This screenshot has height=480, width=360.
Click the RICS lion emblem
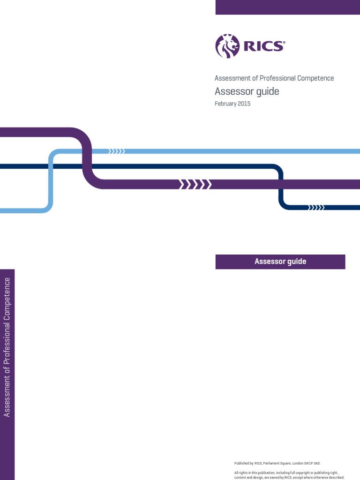click(x=227, y=46)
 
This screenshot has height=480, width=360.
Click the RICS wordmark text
click(x=263, y=46)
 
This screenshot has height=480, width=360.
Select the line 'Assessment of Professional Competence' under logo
click(x=274, y=78)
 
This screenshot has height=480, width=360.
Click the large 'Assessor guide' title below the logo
click(x=247, y=91)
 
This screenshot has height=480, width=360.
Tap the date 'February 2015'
click(x=232, y=104)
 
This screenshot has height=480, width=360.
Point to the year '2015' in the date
click(x=243, y=104)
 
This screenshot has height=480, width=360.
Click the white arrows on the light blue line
click(x=116, y=151)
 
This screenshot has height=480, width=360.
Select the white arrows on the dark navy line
click(x=316, y=207)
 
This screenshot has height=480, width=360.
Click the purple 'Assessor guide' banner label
click(x=280, y=262)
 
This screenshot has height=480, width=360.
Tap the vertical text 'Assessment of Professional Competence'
click(x=7, y=347)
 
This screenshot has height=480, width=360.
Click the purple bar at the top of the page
click(x=287, y=7)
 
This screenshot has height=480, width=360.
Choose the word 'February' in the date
click(x=225, y=104)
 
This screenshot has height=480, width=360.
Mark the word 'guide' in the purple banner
click(x=296, y=262)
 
